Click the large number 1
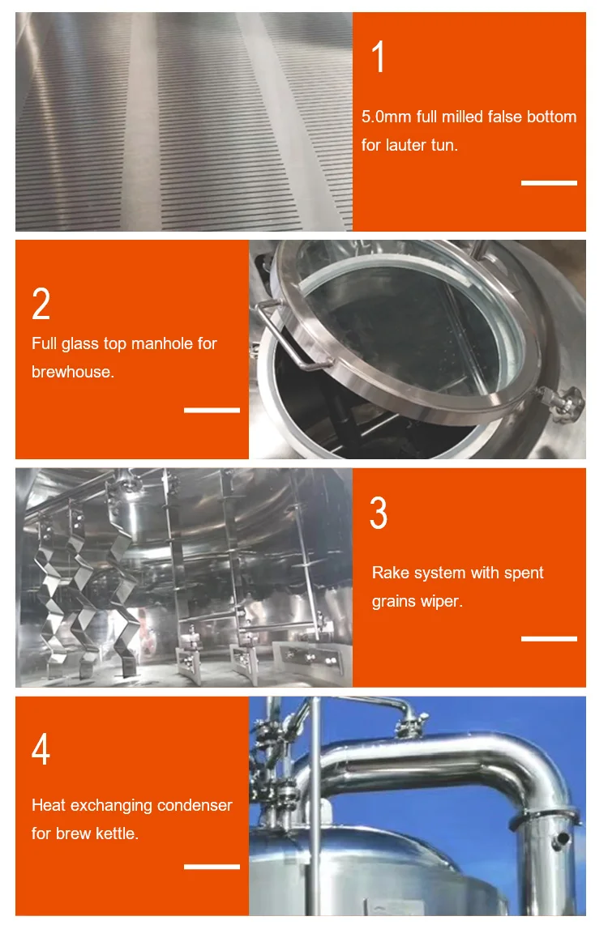tap(378, 57)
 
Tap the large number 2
tap(41, 304)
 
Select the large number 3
tap(379, 513)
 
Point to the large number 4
tap(41, 748)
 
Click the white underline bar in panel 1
tap(549, 182)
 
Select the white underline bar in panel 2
tap(212, 411)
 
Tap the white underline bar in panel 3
tap(549, 638)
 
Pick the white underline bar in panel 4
tap(212, 867)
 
